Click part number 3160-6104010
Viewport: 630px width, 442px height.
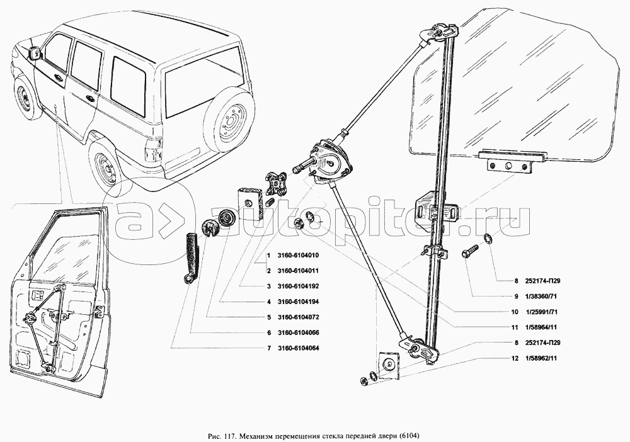pyautogui.click(x=298, y=256)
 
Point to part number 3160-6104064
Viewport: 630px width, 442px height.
pyautogui.click(x=298, y=348)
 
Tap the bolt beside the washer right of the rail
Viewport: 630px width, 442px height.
pyautogui.click(x=471, y=251)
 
